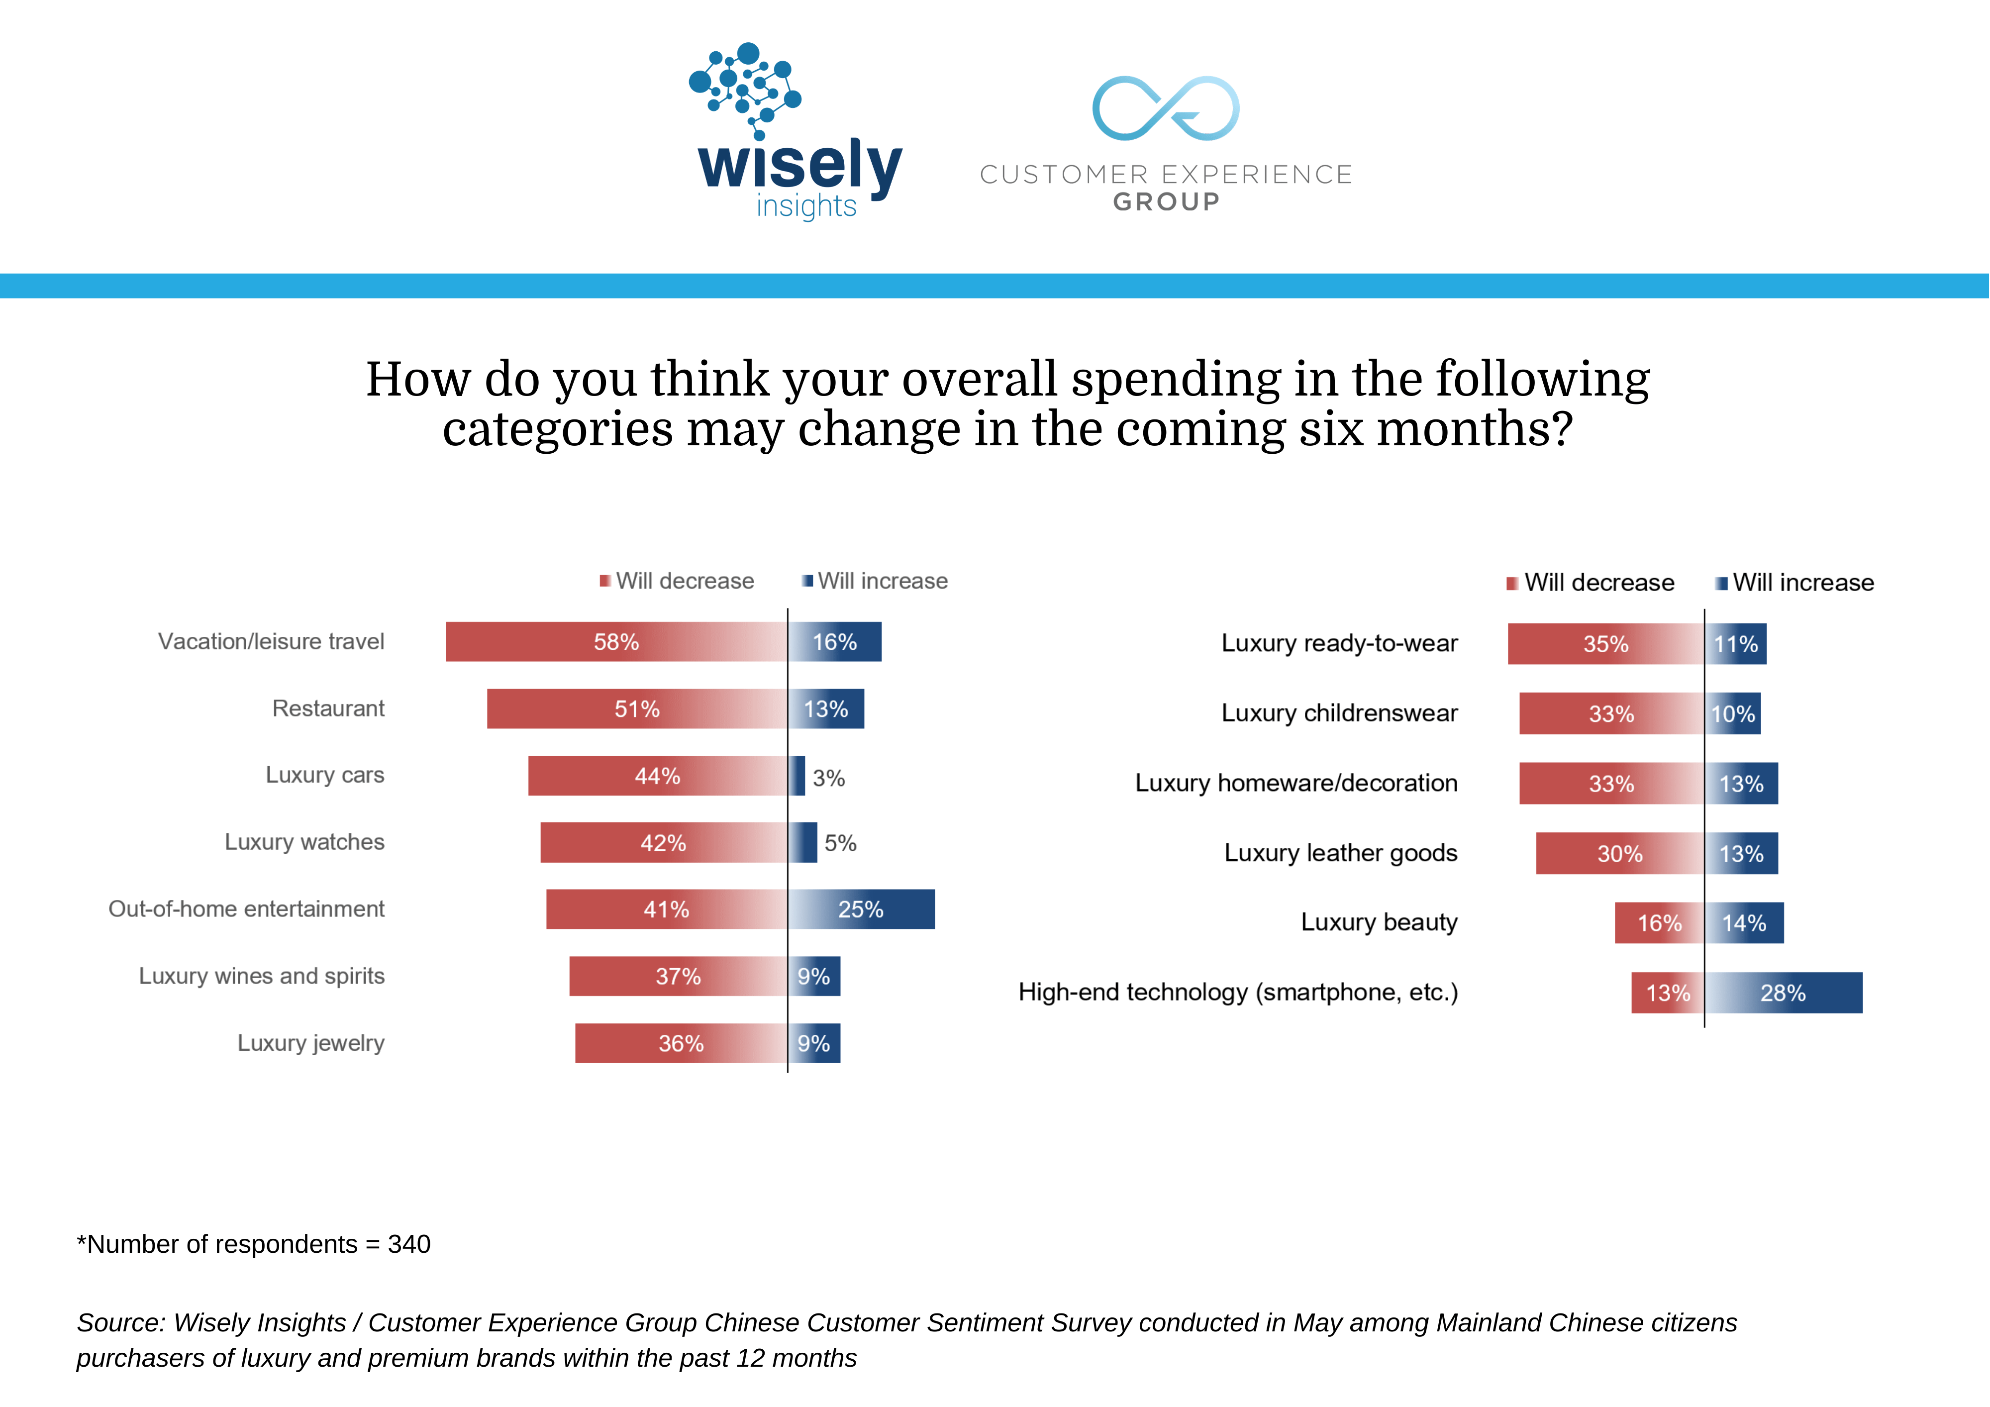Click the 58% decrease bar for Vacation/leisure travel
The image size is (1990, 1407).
(x=616, y=641)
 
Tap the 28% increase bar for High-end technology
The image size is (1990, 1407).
(x=1784, y=993)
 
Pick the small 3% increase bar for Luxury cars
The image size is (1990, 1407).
(x=796, y=776)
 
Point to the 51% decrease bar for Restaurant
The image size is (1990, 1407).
(x=637, y=709)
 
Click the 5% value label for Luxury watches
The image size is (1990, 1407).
(x=840, y=843)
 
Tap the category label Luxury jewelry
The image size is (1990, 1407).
(x=311, y=1043)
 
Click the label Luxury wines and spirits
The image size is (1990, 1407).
(x=262, y=976)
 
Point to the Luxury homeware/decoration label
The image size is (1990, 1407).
(x=1296, y=783)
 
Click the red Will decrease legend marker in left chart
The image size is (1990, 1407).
(x=605, y=581)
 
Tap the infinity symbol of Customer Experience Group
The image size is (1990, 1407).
(x=1166, y=108)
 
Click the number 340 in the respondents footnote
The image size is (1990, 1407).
(x=409, y=1244)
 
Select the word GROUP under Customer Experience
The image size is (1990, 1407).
(x=1167, y=202)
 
